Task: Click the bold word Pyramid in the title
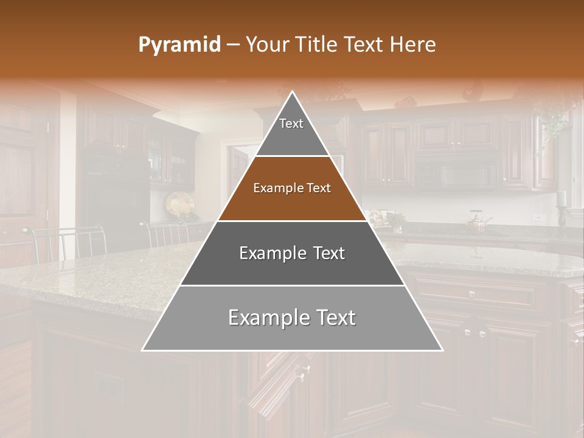[179, 45]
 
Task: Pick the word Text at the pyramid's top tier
[291, 123]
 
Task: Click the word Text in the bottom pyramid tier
[334, 318]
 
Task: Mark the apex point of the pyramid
[293, 92]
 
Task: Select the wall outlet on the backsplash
[537, 217]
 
